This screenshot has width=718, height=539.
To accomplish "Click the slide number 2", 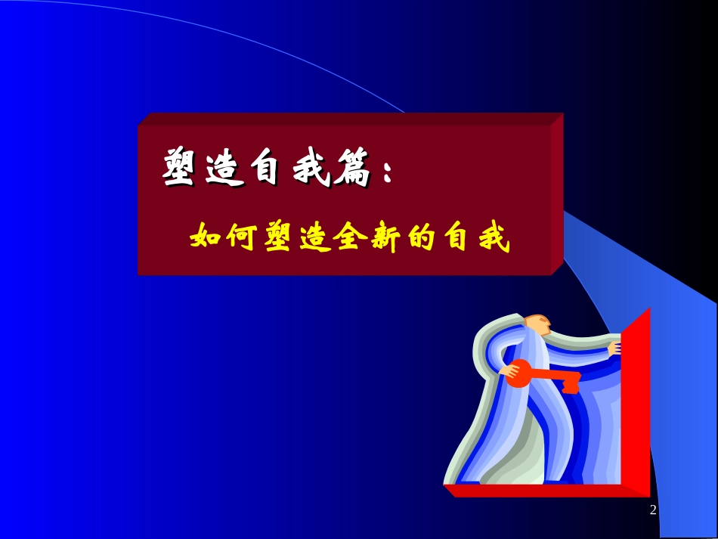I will tap(653, 511).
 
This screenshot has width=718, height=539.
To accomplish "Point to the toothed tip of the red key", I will tap(571, 384).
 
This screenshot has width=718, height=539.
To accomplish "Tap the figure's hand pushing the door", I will tap(614, 349).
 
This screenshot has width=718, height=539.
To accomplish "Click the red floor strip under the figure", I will tap(544, 491).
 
